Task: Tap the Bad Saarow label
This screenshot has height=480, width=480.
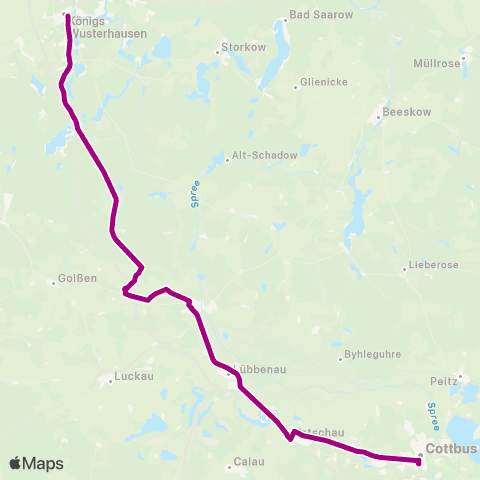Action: [x=315, y=15]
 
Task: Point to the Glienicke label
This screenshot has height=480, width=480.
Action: [x=323, y=83]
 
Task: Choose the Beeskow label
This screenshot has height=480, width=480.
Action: [x=408, y=113]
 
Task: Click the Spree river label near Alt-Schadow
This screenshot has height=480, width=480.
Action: [x=196, y=195]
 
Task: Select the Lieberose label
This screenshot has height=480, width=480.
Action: [x=434, y=266]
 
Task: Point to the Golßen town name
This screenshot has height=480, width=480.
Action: [x=78, y=279]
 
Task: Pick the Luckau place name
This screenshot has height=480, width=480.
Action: [x=132, y=377]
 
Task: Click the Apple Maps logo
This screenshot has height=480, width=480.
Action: [x=36, y=463]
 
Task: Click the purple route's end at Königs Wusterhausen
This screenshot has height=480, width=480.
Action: [x=67, y=16]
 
